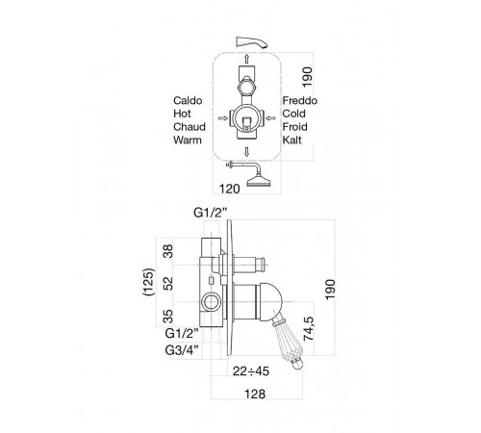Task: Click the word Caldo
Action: point(188,101)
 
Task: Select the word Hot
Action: point(182,114)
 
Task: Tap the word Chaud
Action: point(190,127)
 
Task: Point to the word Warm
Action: point(188,140)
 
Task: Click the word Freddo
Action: point(300,101)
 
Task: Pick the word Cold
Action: point(293,114)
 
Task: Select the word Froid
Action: point(294,127)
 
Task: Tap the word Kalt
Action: point(291,140)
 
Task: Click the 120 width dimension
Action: point(230,189)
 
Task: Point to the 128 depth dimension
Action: point(255,394)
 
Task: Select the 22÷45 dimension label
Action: point(251,371)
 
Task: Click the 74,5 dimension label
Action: point(309,328)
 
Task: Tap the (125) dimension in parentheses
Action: point(149,282)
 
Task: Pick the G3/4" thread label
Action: point(182,350)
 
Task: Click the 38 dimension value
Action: point(168,251)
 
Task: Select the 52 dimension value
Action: point(168,284)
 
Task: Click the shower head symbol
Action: point(259,181)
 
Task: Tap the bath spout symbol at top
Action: point(250,42)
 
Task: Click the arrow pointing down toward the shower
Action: point(246,152)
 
